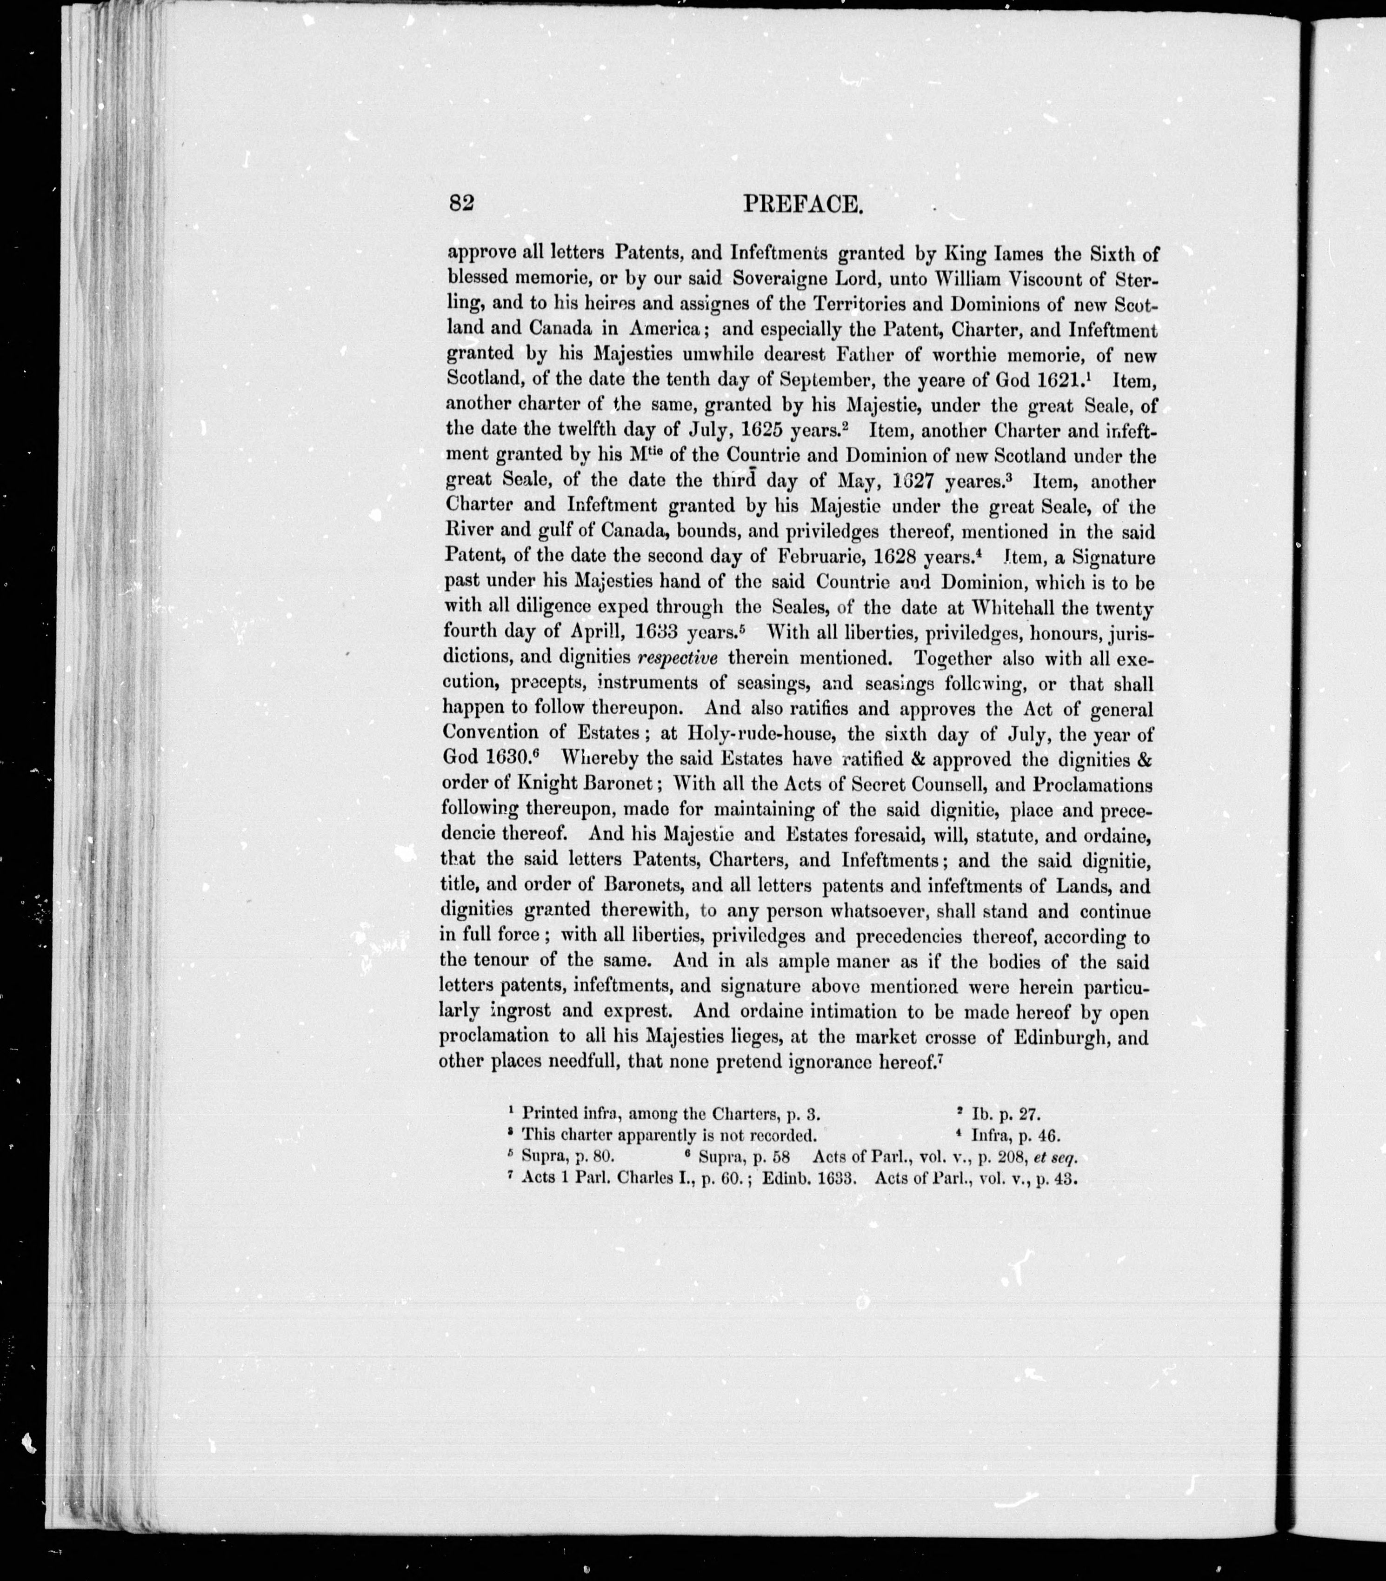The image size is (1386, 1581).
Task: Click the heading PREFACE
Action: pyautogui.click(x=802, y=204)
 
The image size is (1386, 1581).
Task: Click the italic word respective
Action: pyautogui.click(x=678, y=658)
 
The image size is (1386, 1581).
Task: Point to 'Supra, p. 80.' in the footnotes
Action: pyautogui.click(x=568, y=1158)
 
